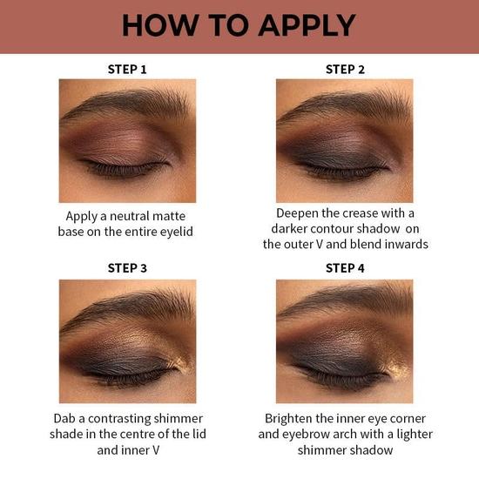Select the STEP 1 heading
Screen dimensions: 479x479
126,69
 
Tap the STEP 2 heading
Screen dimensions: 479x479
346,69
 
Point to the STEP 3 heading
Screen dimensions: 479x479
126,268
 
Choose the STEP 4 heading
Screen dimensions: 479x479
346,268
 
